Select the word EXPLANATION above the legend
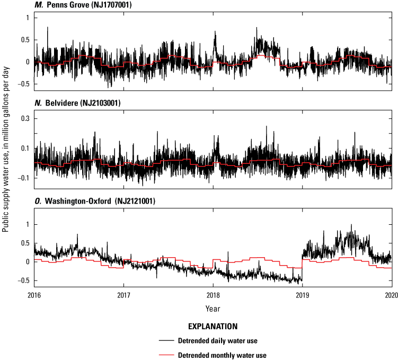[212, 326]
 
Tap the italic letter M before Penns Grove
[37, 5]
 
